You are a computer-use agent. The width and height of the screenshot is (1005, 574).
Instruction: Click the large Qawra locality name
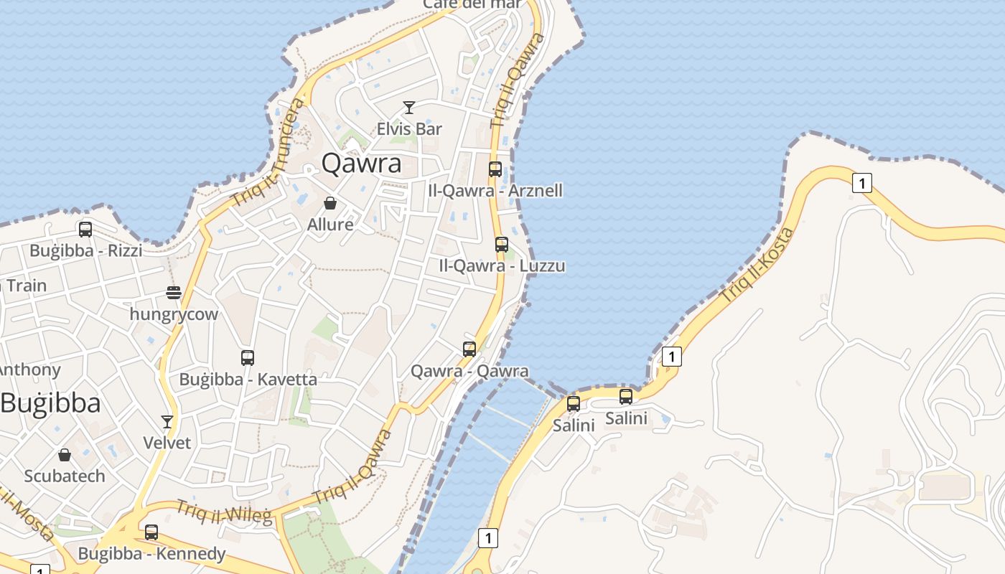(x=361, y=164)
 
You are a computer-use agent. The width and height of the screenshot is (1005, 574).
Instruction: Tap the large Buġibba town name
(x=50, y=403)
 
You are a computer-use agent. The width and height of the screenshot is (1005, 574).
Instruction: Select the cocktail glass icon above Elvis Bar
(x=409, y=108)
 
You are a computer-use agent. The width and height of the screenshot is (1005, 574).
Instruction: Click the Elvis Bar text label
(x=409, y=129)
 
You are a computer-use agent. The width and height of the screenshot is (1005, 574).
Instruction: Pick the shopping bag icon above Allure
(x=330, y=203)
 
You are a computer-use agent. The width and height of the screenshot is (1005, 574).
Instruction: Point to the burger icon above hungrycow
(x=173, y=293)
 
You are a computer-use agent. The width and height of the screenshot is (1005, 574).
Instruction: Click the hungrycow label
(x=174, y=314)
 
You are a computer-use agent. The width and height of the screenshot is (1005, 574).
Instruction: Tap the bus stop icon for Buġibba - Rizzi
(x=85, y=230)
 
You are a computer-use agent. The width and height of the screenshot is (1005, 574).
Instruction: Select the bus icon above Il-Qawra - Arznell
(x=495, y=169)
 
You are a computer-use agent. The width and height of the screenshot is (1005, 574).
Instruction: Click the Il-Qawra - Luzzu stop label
(x=502, y=266)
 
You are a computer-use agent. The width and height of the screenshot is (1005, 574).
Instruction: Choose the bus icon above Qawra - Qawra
(x=469, y=349)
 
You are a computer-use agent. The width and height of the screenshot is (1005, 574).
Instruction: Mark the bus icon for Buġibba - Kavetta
(x=248, y=357)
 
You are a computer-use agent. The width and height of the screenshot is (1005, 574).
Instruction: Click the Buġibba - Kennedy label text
(x=151, y=554)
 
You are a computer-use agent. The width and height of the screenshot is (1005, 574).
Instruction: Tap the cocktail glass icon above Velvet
(x=167, y=421)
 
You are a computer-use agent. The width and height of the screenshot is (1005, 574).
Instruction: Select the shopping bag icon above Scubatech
(x=65, y=455)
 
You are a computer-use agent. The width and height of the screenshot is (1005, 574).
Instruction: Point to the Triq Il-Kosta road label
(x=757, y=264)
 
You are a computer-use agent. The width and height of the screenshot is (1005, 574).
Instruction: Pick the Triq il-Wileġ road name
(x=224, y=511)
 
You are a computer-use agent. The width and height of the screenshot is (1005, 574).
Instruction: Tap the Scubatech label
(x=65, y=476)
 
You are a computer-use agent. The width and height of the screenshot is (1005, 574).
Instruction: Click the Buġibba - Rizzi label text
(x=85, y=251)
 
